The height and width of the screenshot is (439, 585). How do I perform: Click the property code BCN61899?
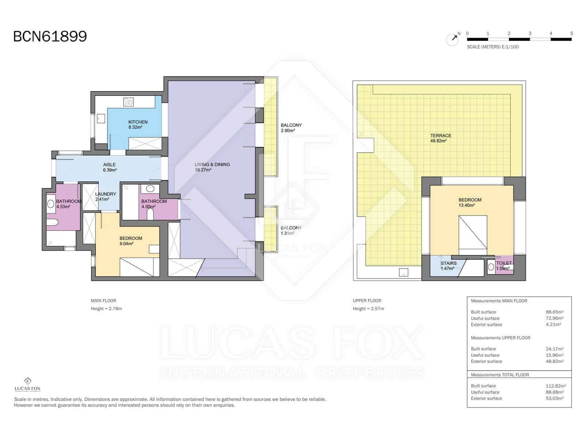coord(50,37)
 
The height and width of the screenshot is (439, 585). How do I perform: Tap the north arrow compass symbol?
coord(452,39)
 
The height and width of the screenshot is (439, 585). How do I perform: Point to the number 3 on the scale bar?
coord(530,33)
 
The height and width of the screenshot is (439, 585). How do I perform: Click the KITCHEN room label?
coord(138,122)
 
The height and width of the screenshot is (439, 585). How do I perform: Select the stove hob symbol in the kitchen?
coord(128,102)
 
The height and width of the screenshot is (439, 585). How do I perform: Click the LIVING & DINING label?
coord(212,165)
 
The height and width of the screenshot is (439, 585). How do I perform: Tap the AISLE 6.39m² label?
coord(109,167)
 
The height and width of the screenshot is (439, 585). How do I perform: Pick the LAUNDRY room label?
coord(105,194)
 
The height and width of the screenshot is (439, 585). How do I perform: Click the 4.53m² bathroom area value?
coord(63,207)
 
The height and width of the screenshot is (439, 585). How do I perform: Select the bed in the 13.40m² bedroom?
coord(473,232)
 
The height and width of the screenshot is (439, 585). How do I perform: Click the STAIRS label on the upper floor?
coord(448,263)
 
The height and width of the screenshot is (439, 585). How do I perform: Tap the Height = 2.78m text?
coord(106,309)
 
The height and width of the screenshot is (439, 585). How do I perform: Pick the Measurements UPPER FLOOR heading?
coord(500,338)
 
